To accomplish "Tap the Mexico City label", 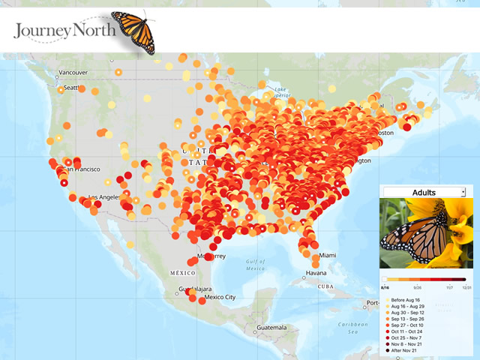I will pos(220,297).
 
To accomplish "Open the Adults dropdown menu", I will pos(424,193).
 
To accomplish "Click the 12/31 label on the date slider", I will pos(466,286).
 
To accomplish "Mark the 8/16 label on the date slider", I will pos(384,286).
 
